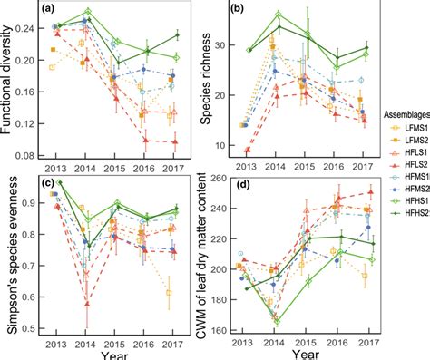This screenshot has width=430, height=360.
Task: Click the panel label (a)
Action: [x=56, y=12]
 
